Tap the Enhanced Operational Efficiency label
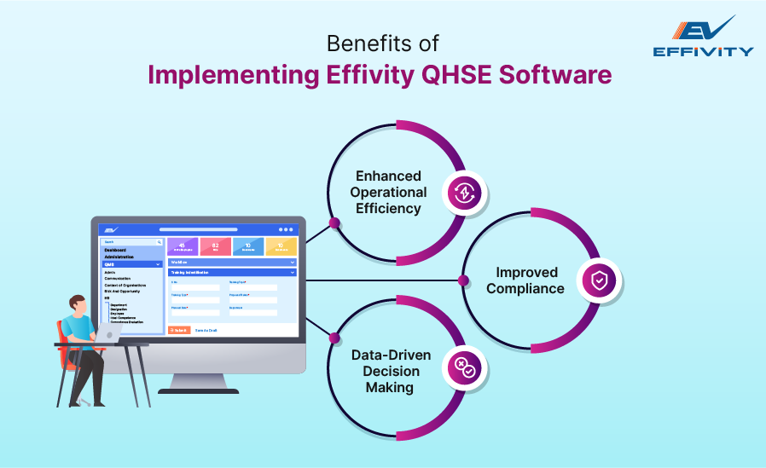click(x=388, y=192)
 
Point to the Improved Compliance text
click(x=526, y=280)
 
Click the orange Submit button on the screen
click(x=179, y=330)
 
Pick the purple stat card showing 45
click(x=183, y=246)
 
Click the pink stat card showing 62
click(x=215, y=246)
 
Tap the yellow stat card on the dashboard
click(x=281, y=246)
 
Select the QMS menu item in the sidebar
click(x=131, y=264)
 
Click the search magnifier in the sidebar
click(x=159, y=242)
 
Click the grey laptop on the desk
click(x=108, y=335)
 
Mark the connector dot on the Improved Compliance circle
click(x=463, y=280)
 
